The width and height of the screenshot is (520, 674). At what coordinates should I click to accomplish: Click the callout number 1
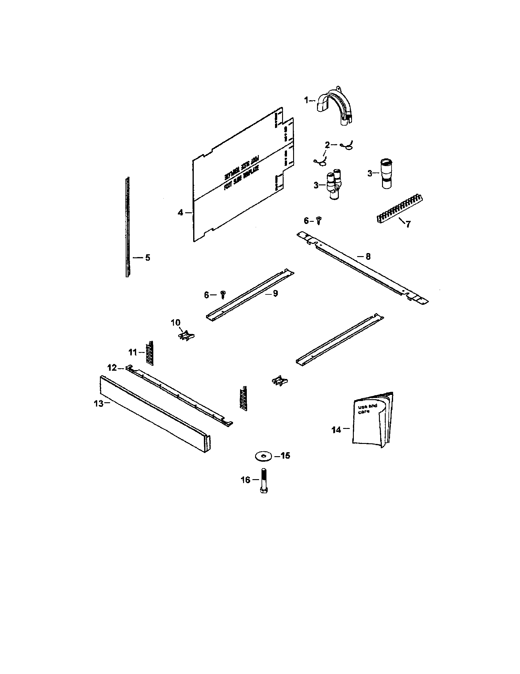click(306, 100)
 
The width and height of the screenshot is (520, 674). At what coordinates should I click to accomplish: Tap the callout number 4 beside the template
click(180, 213)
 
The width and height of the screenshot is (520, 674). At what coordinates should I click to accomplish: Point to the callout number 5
click(147, 258)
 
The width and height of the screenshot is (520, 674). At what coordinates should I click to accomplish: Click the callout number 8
click(368, 256)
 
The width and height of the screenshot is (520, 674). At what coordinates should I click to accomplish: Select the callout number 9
click(275, 293)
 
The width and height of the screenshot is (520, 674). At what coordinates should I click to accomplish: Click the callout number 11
click(132, 352)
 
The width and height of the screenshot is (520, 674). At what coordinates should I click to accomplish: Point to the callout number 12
click(112, 368)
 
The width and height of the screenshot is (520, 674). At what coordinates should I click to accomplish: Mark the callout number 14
click(336, 430)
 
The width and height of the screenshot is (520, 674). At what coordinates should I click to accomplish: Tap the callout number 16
click(246, 480)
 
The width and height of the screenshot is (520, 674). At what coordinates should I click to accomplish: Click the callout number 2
click(327, 145)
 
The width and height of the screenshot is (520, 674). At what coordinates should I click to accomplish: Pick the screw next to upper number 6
click(319, 221)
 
